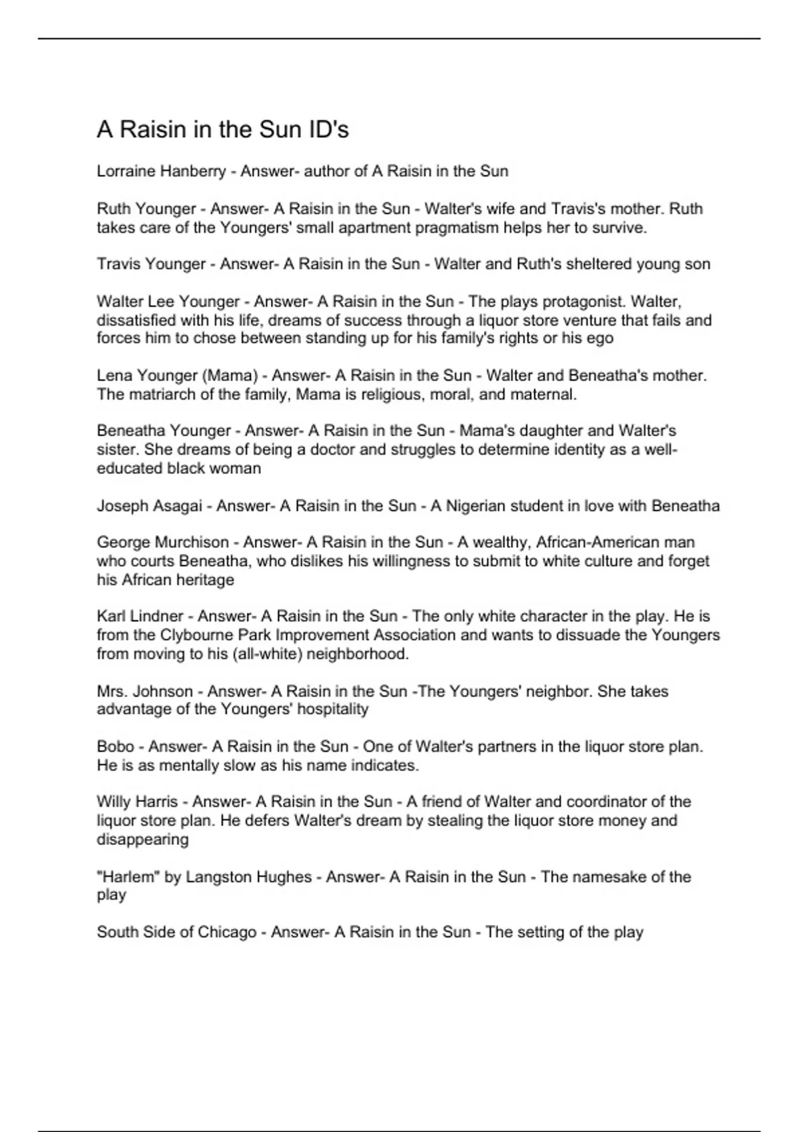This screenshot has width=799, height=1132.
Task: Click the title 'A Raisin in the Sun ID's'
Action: pos(222,129)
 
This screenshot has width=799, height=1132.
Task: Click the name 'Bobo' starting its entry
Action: pos(115,746)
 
